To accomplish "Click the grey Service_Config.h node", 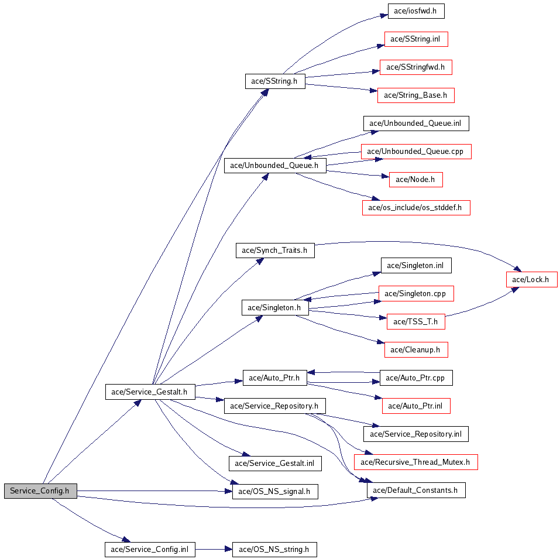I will pyautogui.click(x=40, y=491).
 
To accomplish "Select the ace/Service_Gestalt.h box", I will pyautogui.click(x=150, y=392).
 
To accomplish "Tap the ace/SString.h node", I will pyautogui.click(x=275, y=81).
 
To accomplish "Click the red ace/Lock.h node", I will pyautogui.click(x=531, y=280).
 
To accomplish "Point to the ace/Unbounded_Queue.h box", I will pyautogui.click(x=274, y=166).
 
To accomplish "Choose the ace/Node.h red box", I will pyautogui.click(x=415, y=180).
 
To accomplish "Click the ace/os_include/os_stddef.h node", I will pyautogui.click(x=416, y=208).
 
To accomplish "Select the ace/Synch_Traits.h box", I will pyautogui.click(x=275, y=251).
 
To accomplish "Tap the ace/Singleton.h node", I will pyautogui.click(x=274, y=308).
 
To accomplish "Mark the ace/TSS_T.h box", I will pyautogui.click(x=416, y=321).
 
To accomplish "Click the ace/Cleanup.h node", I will pyautogui.click(x=416, y=350).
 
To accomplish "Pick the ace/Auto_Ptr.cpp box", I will pyautogui.click(x=416, y=378).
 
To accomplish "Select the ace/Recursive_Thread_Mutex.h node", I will pyautogui.click(x=415, y=462).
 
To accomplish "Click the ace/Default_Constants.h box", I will pyautogui.click(x=416, y=491).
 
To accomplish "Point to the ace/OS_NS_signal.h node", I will pyautogui.click(x=275, y=491).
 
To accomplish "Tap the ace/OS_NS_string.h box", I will pyautogui.click(x=274, y=550).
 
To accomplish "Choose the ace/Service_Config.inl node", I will pyautogui.click(x=150, y=550).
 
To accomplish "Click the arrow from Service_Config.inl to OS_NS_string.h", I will pyautogui.click(x=214, y=550).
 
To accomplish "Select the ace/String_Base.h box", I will pyautogui.click(x=416, y=95).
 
